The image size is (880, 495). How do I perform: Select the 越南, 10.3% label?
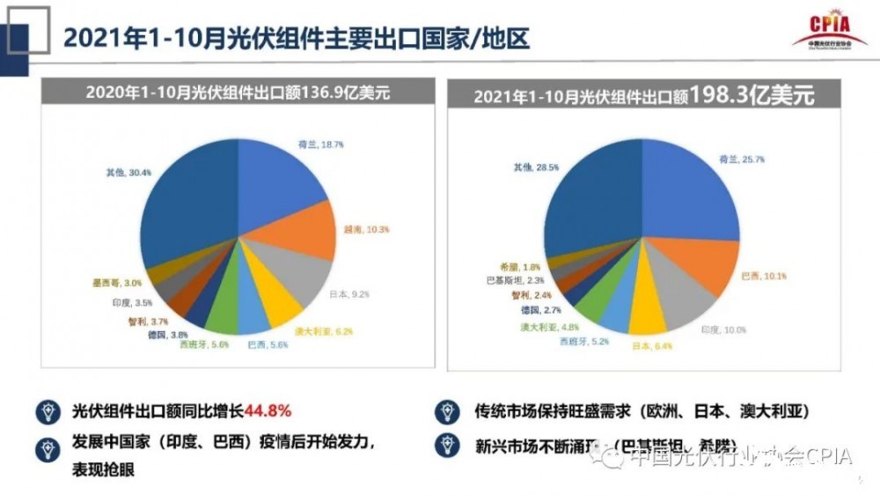359,229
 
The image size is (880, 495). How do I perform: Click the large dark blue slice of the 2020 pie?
185,211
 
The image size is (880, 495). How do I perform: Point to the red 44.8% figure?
268,411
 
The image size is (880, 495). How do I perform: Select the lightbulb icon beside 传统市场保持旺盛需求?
445,411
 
